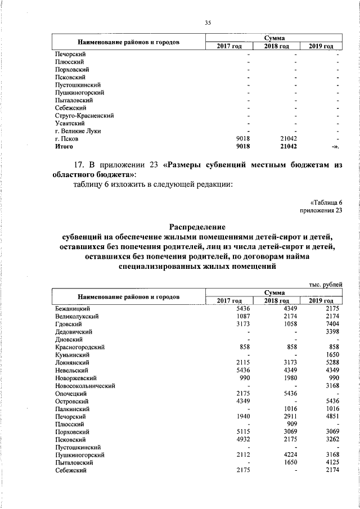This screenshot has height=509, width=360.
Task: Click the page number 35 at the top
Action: (208, 22)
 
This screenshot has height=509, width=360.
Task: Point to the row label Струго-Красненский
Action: (84, 115)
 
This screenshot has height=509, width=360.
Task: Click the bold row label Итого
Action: (64, 146)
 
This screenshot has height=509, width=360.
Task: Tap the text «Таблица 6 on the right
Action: (326, 202)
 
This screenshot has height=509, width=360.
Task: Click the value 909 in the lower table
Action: (290, 423)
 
